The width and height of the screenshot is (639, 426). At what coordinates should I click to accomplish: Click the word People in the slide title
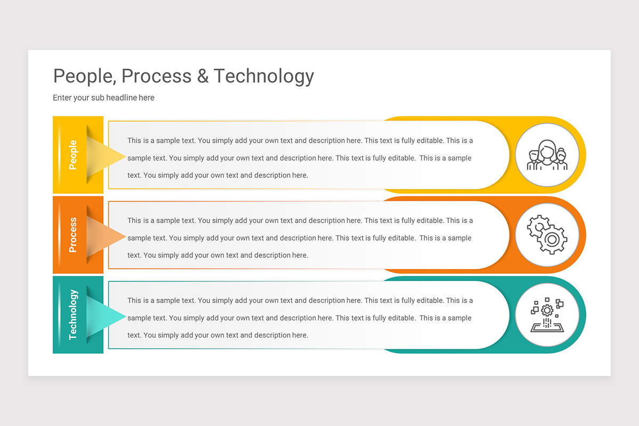pyautogui.click(x=83, y=76)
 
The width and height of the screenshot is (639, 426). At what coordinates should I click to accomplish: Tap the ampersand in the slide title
pyautogui.click(x=203, y=76)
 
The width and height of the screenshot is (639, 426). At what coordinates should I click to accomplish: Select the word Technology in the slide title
pyautogui.click(x=264, y=76)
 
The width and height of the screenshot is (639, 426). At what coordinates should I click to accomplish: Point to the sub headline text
pyautogui.click(x=103, y=98)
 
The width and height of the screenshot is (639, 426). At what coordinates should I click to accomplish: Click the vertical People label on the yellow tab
pyautogui.click(x=73, y=155)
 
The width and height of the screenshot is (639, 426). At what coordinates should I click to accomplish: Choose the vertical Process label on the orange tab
pyautogui.click(x=73, y=235)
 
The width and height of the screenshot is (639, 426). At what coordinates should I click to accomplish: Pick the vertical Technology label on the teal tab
pyautogui.click(x=73, y=315)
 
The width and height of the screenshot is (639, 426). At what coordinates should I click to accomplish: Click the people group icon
pyautogui.click(x=547, y=155)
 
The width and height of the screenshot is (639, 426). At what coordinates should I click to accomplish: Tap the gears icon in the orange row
pyautogui.click(x=547, y=235)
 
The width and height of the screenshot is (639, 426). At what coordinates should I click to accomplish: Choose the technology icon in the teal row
pyautogui.click(x=547, y=315)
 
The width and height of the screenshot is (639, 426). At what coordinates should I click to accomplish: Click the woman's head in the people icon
pyautogui.click(x=547, y=149)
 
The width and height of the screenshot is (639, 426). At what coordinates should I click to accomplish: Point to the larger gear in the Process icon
pyautogui.click(x=552, y=240)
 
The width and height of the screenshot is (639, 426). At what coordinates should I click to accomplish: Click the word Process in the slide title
pyautogui.click(x=157, y=76)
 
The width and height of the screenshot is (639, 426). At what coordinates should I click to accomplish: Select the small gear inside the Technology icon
pyautogui.click(x=547, y=309)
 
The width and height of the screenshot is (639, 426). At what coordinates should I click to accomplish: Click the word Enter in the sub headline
pyautogui.click(x=63, y=98)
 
